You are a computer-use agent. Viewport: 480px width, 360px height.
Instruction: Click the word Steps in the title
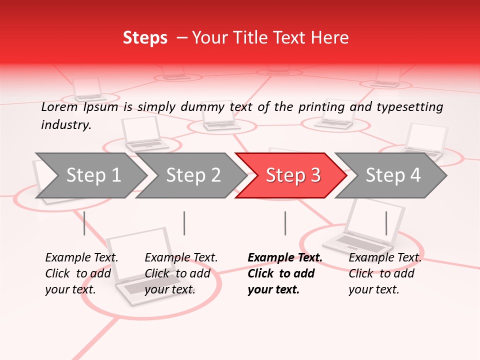[145, 38]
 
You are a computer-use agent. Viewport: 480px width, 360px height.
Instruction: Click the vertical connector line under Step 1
[84, 223]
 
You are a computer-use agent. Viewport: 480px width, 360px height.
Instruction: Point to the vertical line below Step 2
[184, 223]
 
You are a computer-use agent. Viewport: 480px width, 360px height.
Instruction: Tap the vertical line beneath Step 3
[285, 223]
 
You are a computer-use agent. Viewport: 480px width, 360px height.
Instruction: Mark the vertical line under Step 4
[386, 223]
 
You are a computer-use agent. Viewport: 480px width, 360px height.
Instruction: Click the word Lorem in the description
[59, 107]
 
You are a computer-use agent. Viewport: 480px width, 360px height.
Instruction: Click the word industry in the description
[65, 125]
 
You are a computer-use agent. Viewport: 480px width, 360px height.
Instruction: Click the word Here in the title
[332, 38]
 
